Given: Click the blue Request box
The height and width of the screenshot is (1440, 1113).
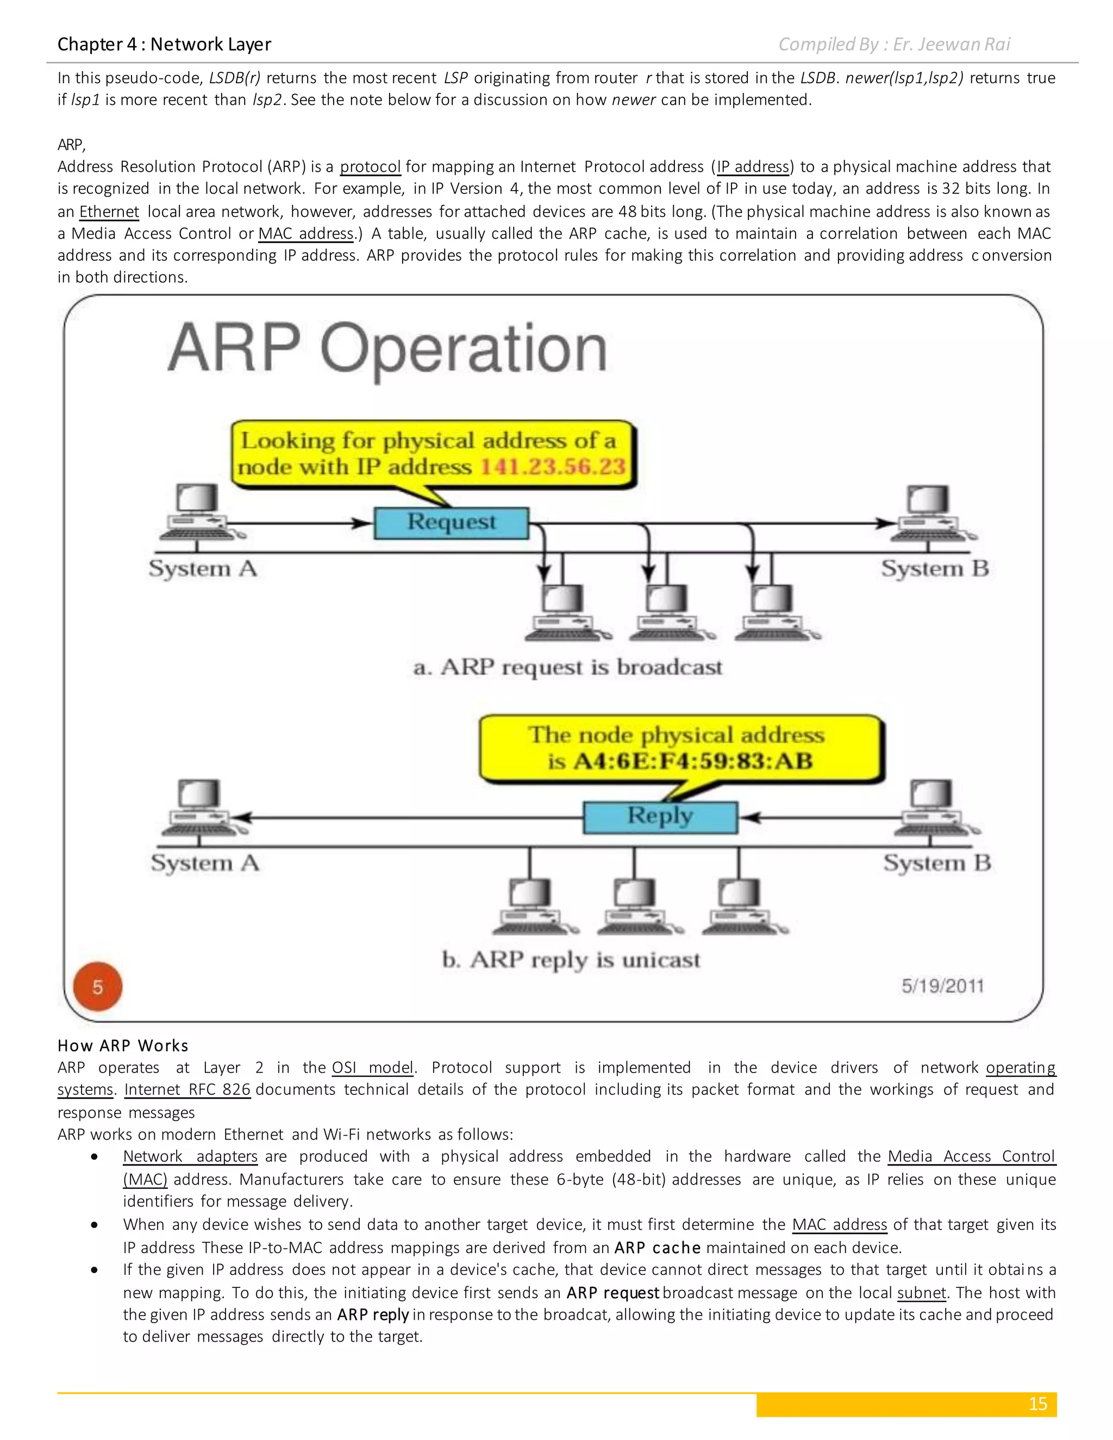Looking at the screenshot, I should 451,523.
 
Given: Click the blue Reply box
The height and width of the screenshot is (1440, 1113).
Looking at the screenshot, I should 660,817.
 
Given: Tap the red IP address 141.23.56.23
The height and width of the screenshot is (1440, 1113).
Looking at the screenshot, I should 553,467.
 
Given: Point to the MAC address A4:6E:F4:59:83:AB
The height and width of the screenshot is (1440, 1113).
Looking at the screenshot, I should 692,761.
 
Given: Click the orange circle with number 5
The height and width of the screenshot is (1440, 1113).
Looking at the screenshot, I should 98,986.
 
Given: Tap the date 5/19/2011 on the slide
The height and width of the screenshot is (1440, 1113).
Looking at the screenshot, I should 942,986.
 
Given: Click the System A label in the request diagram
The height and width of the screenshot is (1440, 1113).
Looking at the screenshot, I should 202,568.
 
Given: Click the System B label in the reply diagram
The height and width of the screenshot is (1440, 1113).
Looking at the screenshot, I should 937,862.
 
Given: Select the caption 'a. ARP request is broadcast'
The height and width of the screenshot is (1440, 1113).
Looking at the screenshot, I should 568,667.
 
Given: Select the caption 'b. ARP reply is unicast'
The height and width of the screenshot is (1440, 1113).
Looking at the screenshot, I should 571,959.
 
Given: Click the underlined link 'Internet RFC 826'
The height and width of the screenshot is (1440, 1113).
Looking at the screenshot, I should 187,1089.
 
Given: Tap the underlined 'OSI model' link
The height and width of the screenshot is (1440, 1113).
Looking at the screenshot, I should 372,1067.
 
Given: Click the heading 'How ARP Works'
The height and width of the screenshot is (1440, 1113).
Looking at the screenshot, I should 123,1045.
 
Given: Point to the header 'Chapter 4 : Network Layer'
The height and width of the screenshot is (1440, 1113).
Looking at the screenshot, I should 164,44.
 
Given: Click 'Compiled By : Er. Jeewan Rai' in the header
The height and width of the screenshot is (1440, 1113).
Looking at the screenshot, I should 894,44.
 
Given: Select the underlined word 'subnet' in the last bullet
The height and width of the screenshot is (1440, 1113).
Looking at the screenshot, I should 921,1292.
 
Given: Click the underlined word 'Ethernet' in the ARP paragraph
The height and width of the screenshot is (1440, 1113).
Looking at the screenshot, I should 109,211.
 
